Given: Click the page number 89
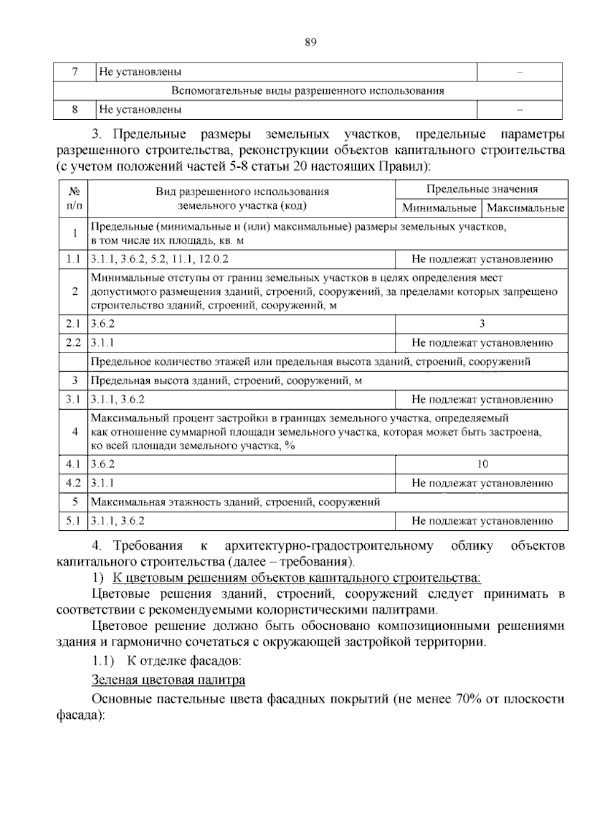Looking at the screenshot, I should (310, 43).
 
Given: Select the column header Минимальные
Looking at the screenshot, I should (439, 208).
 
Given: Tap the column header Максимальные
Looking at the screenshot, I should (525, 208).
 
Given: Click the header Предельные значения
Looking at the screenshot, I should (482, 189).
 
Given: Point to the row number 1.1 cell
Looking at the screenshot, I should (73, 259).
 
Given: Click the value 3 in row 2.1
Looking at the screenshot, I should (482, 324).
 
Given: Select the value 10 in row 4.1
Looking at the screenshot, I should (482, 464).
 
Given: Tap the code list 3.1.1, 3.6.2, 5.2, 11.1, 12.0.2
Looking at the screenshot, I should (160, 259).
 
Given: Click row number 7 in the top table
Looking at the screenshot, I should (75, 72).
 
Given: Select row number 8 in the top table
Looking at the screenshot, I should (75, 110).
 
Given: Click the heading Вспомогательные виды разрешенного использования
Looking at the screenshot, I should (307, 91).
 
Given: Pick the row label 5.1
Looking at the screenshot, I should (73, 521).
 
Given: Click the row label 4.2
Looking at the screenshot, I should (73, 483).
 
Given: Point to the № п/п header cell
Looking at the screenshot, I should (74, 198).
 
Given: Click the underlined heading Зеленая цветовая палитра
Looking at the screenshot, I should (169, 680).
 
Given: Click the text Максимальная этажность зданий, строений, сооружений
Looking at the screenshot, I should (236, 502).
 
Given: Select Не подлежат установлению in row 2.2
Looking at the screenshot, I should (482, 343).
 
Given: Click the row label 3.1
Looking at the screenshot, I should (73, 400).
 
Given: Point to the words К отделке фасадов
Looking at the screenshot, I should (184, 660).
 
